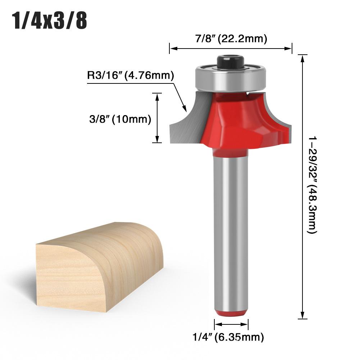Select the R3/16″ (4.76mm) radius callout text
(131, 76)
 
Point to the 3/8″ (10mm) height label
(120, 119)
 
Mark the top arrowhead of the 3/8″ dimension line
(157, 95)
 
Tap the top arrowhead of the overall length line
(303, 58)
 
